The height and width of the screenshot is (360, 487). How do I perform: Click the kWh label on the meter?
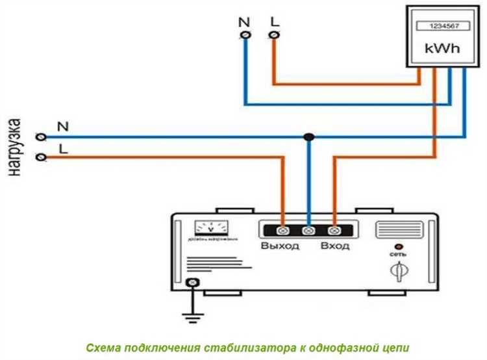tap(438, 48)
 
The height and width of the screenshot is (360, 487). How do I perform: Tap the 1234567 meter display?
tap(437, 27)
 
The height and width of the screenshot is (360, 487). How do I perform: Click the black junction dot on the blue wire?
tap(309, 137)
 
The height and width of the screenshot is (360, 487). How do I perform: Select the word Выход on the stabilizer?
tap(280, 246)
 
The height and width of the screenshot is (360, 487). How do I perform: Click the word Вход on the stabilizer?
tap(334, 246)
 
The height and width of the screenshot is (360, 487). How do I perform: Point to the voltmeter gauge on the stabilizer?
tap(212, 229)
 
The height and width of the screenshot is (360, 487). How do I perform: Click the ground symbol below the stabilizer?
tap(190, 318)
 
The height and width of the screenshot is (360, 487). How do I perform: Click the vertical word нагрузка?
tap(14, 148)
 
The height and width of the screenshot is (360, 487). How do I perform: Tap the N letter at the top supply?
tap(244, 21)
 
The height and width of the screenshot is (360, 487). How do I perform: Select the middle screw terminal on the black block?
tap(309, 231)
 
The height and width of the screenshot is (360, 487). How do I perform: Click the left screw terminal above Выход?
tap(283, 231)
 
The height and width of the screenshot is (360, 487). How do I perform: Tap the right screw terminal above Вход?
tap(334, 231)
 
